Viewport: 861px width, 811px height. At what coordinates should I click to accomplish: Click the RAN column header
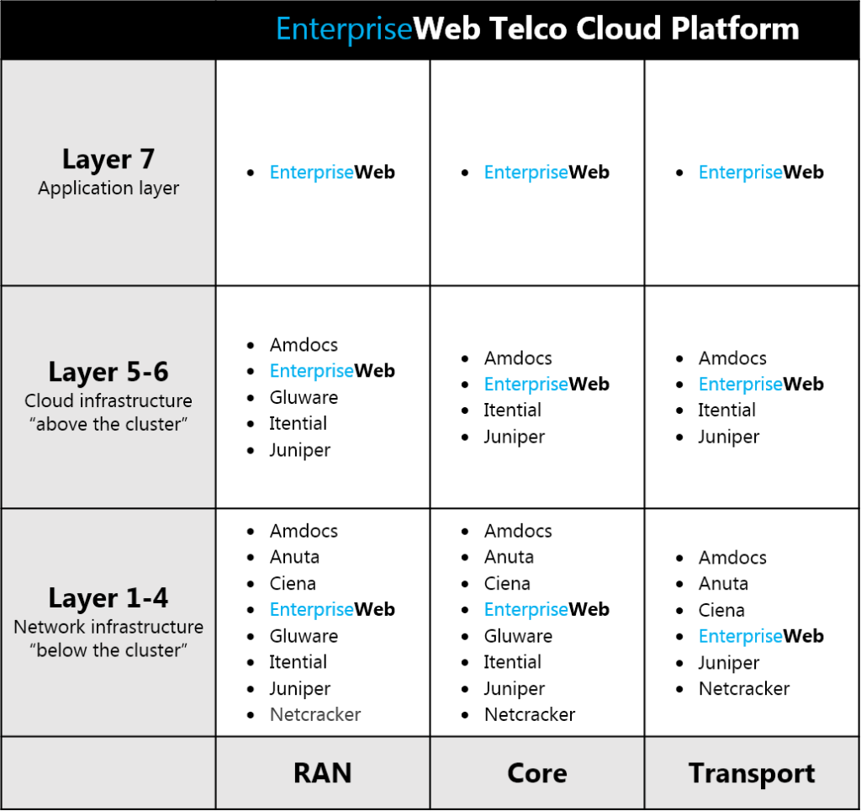[x=322, y=772]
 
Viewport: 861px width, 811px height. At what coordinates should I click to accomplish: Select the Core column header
[x=537, y=772]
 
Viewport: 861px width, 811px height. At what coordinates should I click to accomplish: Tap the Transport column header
[x=752, y=774]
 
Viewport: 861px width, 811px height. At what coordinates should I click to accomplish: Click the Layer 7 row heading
[x=108, y=159]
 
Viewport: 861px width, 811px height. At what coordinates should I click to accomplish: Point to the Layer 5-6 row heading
[x=108, y=372]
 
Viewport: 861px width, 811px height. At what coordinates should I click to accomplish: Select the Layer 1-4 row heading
[x=108, y=598]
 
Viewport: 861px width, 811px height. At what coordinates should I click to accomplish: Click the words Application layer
[x=108, y=188]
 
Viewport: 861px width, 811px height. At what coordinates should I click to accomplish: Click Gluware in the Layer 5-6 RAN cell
[x=304, y=397]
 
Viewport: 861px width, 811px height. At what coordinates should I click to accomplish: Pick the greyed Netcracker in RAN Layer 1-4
[x=315, y=714]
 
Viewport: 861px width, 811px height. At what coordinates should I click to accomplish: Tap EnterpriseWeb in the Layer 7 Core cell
[x=547, y=172]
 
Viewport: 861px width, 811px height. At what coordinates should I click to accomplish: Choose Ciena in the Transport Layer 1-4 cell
[x=721, y=610]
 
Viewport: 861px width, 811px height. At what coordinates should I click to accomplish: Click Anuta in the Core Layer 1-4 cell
[x=509, y=557]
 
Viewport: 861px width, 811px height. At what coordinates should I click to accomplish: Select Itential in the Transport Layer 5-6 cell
[x=726, y=410]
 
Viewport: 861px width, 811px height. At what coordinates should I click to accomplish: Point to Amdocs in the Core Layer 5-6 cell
[x=518, y=358]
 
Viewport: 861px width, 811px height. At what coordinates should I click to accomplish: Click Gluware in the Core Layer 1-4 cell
[x=518, y=636]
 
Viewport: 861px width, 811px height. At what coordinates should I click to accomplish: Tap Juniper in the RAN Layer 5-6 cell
[x=300, y=451]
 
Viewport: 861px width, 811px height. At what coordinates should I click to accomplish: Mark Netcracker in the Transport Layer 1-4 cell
[x=744, y=688]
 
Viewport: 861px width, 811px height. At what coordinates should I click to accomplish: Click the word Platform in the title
[x=735, y=28]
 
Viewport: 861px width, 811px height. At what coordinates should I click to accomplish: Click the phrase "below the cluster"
[x=108, y=650]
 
